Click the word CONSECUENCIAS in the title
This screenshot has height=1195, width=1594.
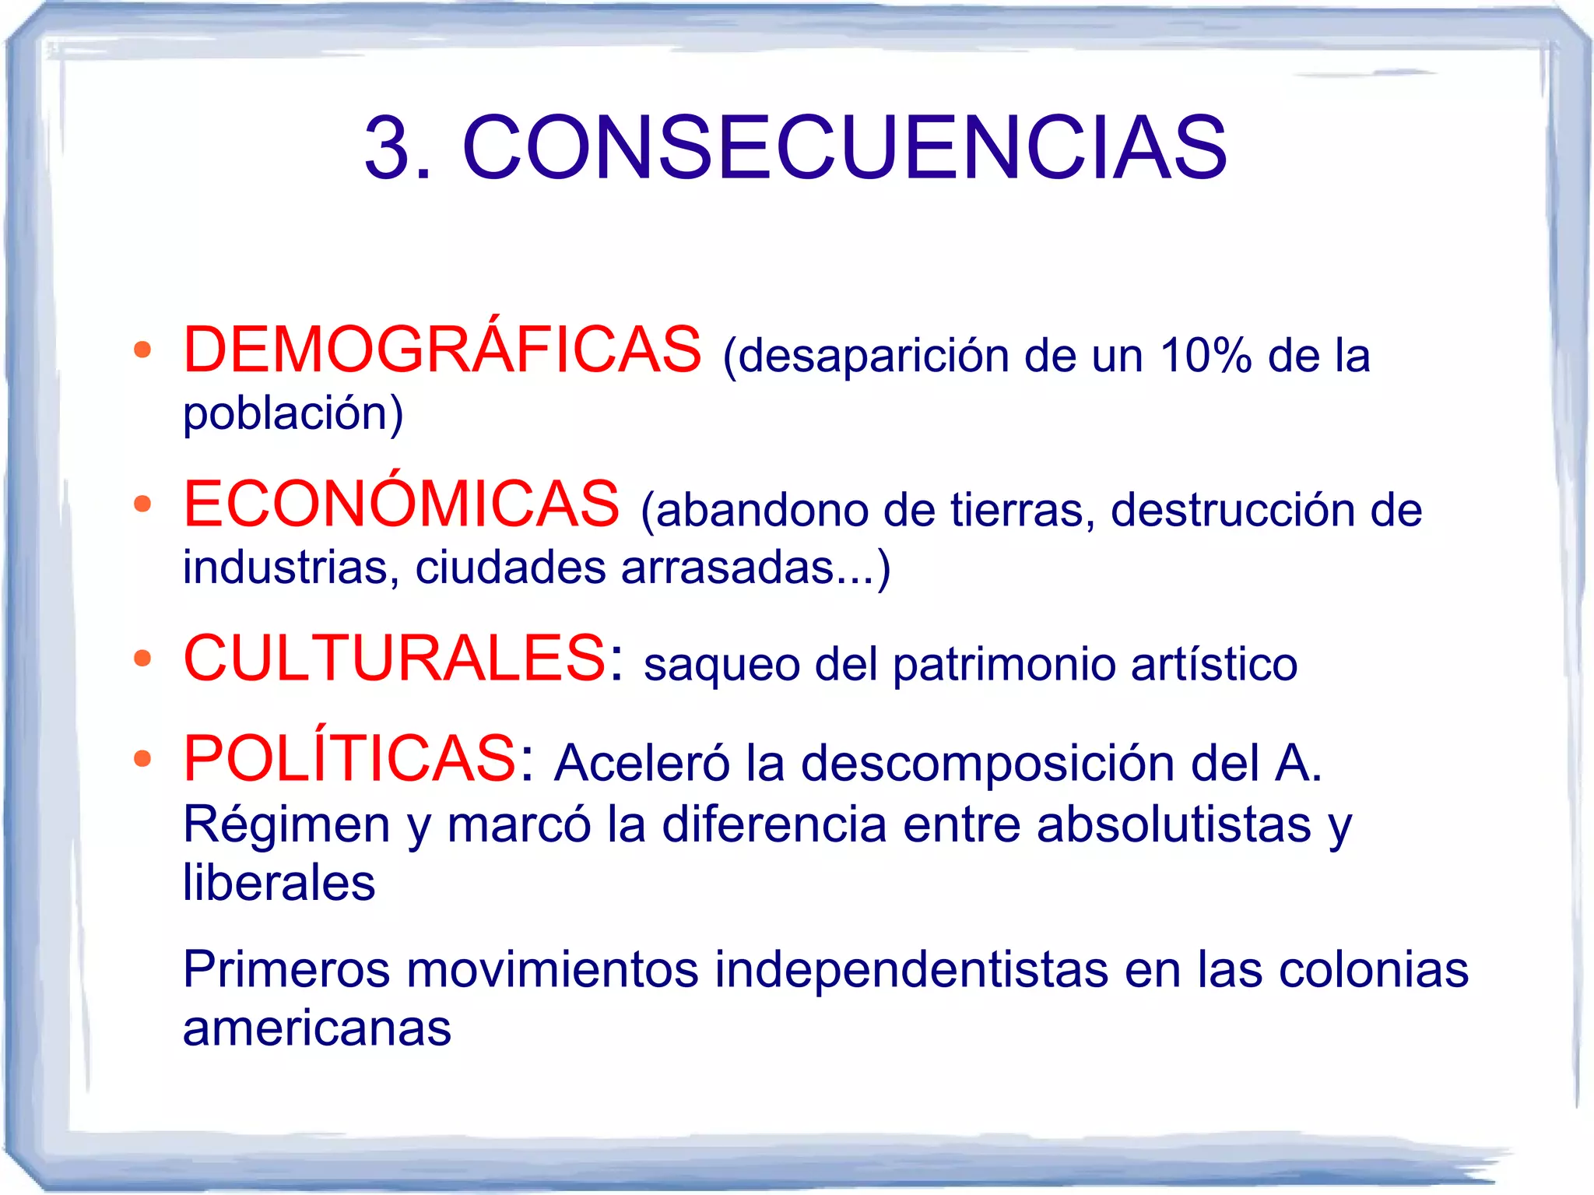(844, 148)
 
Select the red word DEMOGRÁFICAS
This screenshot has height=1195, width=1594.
(442, 350)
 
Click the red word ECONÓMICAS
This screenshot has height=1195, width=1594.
(402, 504)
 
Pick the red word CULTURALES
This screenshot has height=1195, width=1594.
(394, 659)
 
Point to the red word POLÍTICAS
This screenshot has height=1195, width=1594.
(349, 758)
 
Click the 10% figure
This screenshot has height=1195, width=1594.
(1205, 356)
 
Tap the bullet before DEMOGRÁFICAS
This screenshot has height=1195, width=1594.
(142, 350)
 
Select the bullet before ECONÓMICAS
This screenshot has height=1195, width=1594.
(142, 504)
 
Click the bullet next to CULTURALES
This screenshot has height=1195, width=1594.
(142, 659)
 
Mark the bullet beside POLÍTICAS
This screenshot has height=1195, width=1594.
(142, 758)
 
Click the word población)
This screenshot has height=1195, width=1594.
(293, 413)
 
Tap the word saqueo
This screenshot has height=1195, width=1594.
(722, 665)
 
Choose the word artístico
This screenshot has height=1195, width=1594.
(1214, 665)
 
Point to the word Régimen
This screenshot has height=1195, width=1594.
(286, 825)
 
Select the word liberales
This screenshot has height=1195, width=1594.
(279, 883)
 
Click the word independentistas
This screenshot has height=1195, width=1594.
(911, 970)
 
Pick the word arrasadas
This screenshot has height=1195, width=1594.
(728, 568)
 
